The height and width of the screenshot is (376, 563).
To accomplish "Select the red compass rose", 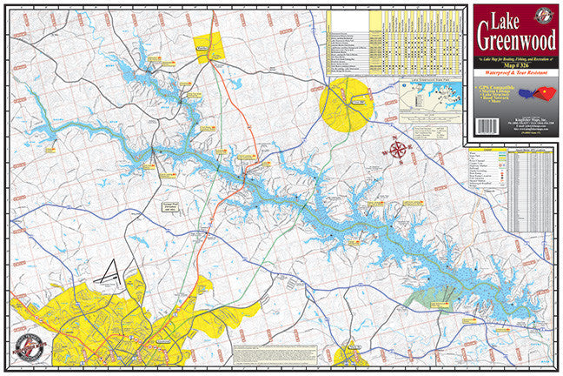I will pos(399,150).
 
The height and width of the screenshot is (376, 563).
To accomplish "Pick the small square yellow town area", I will pos(208,48).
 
